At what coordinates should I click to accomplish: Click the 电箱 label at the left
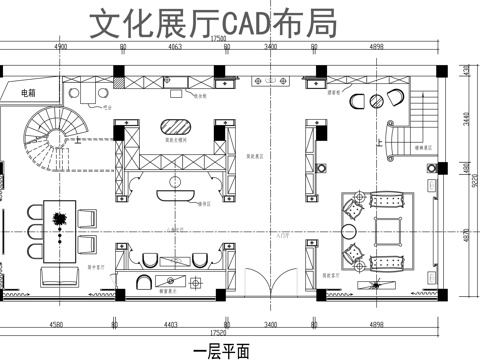point(27,93)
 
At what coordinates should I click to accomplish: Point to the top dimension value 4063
point(174,46)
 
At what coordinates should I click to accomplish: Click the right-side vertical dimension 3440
point(466,118)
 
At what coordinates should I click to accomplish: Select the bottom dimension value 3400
point(271,324)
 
